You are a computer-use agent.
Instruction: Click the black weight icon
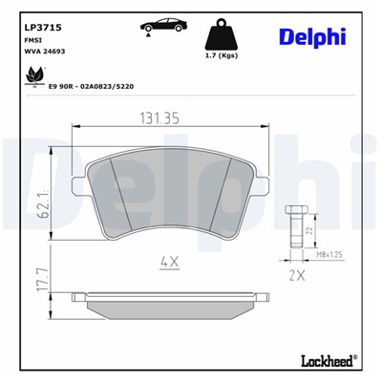(223, 32)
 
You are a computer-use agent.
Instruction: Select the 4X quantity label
(170, 260)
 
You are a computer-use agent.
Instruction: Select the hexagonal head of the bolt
(295, 210)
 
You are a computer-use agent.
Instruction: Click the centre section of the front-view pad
(175, 196)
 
